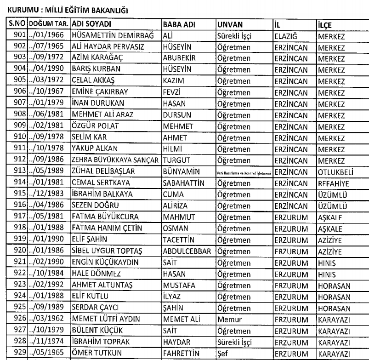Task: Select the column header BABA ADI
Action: point(177,24)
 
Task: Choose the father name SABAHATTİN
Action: point(183,156)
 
